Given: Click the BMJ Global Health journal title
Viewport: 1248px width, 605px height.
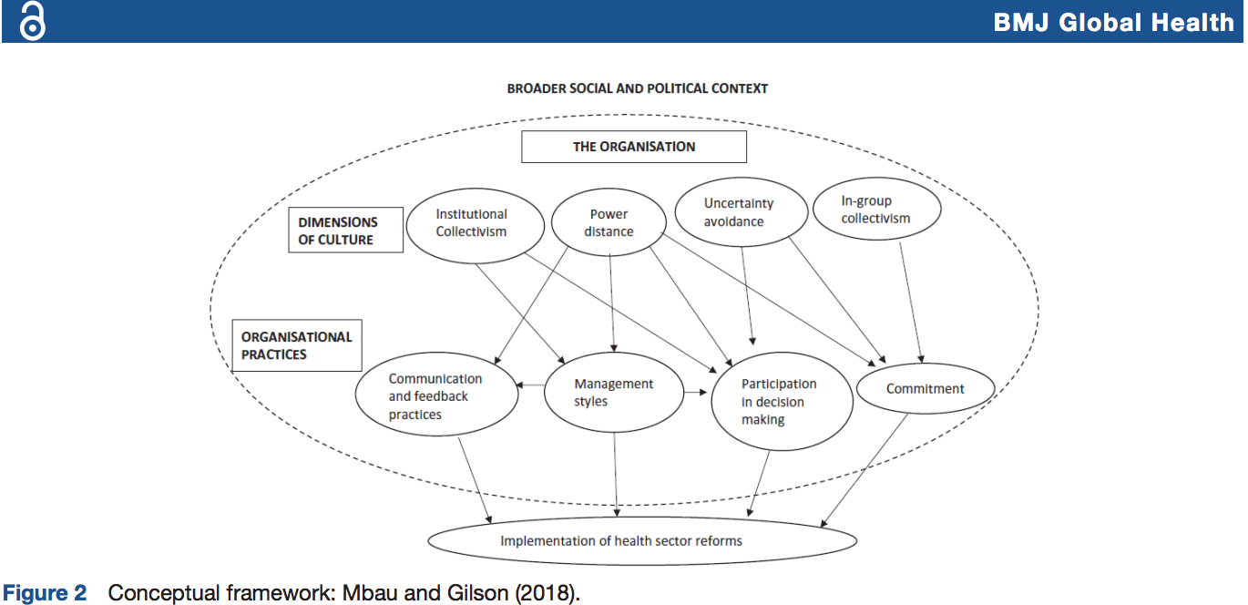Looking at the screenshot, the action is point(1114,23).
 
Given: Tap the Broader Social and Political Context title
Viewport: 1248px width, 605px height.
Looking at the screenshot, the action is point(638,88).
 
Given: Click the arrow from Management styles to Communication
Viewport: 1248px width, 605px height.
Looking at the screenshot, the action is point(530,385).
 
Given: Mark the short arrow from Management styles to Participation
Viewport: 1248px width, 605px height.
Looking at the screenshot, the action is point(696,392).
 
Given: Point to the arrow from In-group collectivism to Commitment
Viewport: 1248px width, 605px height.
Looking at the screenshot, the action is point(911,302).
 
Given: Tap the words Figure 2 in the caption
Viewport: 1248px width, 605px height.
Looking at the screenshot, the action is point(46,593).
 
